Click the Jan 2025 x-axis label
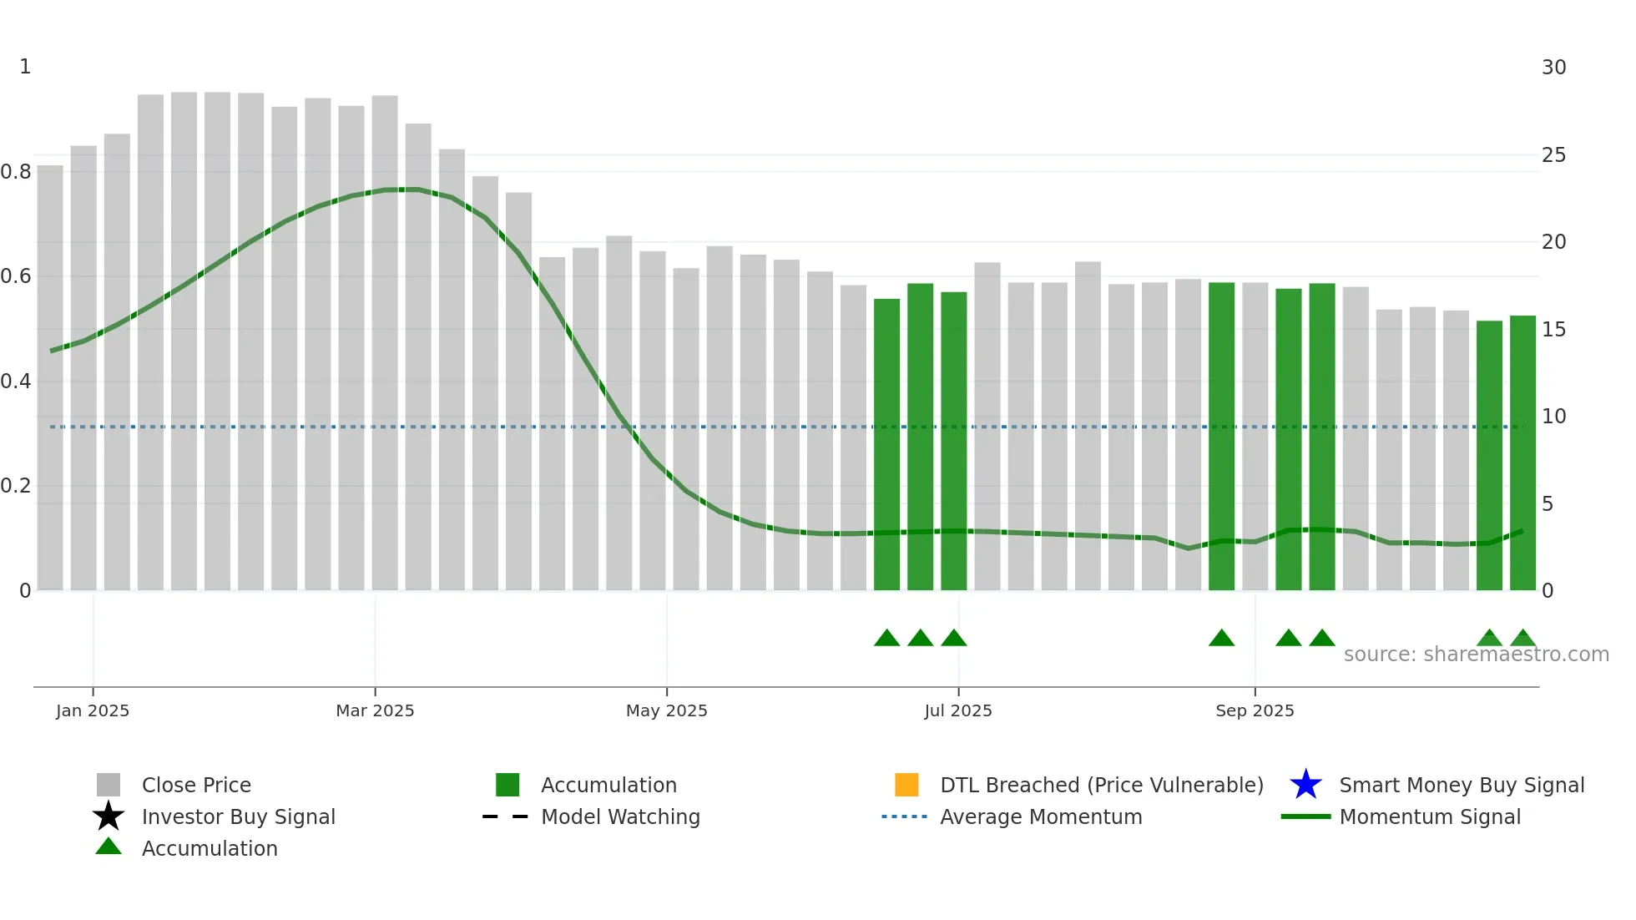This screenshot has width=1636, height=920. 93,710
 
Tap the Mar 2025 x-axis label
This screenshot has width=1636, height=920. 375,710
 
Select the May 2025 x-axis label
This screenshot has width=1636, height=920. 666,710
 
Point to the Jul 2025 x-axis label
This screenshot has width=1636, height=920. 958,710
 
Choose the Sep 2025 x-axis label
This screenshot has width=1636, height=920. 1255,710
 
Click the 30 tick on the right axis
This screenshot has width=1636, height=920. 1553,68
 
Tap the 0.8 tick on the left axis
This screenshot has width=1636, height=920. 17,172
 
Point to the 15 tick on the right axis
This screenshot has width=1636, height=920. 1553,330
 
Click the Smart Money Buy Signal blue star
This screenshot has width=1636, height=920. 1305,785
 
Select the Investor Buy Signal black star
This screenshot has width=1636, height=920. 109,816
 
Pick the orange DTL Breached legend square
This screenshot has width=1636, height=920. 906,785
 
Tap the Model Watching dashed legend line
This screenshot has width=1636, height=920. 506,816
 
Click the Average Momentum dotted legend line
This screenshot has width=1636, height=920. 905,816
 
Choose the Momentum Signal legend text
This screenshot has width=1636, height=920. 1430,816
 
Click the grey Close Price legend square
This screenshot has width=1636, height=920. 109,785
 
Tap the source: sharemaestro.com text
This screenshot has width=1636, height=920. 1476,655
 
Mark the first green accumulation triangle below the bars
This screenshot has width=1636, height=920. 886,639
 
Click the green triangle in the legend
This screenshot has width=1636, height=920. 109,847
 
